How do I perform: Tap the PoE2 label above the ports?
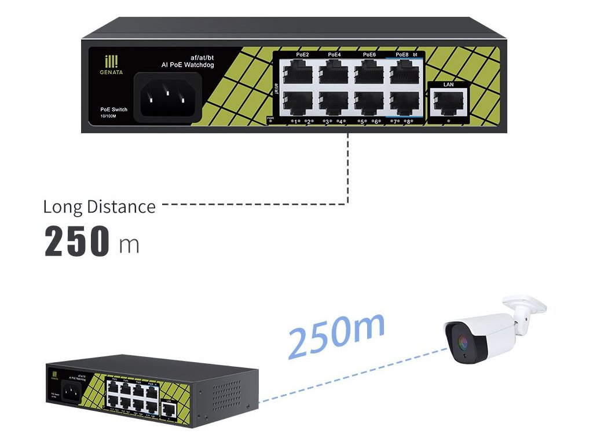pos(302,54)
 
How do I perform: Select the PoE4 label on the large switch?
pos(334,54)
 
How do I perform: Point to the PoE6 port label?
pos(369,54)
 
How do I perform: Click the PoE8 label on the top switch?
pos(402,54)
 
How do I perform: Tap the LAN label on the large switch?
pos(448,85)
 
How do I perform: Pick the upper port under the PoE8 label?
pos(404,74)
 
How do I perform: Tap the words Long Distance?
pos(100,207)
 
